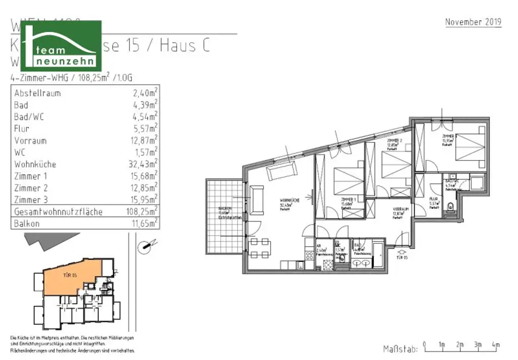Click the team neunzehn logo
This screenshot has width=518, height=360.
click(x=67, y=46)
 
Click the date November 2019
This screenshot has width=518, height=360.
click(x=473, y=22)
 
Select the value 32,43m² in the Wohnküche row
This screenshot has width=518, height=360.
click(x=143, y=164)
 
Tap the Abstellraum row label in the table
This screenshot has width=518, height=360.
click(x=37, y=93)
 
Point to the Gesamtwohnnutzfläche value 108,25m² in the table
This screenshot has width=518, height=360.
click(x=139, y=211)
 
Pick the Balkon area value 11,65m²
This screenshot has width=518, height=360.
click(x=142, y=223)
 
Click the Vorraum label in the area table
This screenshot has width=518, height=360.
click(x=30, y=141)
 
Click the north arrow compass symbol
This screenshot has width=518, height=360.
click(x=144, y=247)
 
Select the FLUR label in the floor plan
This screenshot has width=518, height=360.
click(x=433, y=200)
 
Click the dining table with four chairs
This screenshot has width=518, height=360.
click(x=258, y=247)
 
